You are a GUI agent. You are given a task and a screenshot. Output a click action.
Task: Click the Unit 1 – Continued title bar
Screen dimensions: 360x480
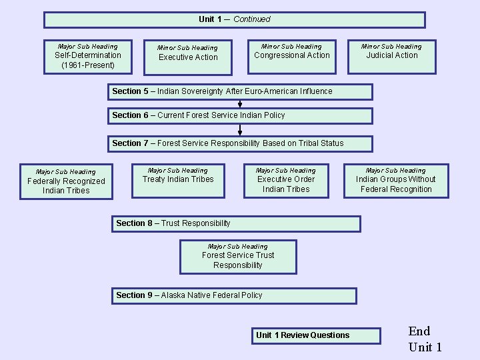click(234, 19)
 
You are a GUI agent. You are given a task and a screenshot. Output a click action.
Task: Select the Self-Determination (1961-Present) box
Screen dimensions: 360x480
click(88, 56)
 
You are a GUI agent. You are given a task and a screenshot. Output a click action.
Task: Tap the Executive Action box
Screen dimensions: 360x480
click(187, 57)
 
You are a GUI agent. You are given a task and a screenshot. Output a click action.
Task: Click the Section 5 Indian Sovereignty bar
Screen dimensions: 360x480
click(241, 91)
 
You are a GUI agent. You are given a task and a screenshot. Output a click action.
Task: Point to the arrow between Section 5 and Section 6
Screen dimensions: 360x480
click(240, 104)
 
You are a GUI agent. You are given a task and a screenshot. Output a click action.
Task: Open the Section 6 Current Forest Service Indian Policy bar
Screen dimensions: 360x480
click(241, 115)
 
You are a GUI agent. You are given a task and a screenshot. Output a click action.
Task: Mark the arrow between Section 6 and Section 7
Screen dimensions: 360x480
click(240, 130)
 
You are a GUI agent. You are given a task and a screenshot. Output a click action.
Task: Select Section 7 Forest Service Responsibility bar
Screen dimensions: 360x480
click(241, 143)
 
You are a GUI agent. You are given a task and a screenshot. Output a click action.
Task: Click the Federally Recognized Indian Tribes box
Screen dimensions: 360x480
click(65, 181)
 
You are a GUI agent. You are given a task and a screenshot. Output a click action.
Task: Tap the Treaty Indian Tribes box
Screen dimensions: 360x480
click(178, 180)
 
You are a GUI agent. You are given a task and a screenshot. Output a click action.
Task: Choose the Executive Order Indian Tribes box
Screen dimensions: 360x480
click(286, 180)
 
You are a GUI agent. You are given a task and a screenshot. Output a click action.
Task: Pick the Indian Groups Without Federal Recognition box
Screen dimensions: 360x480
click(396, 180)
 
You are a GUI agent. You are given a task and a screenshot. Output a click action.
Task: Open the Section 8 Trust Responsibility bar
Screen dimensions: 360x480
click(236, 223)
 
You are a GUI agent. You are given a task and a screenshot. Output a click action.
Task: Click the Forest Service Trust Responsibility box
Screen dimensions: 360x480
click(238, 257)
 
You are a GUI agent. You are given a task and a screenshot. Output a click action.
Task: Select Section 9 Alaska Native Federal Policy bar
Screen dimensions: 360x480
click(234, 295)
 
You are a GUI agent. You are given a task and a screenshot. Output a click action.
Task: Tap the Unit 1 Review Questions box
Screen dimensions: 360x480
click(316, 335)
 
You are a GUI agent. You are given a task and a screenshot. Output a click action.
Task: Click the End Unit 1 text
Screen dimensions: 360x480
click(425, 339)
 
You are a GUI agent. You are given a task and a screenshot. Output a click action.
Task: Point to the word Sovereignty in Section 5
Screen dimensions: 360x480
click(211, 91)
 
